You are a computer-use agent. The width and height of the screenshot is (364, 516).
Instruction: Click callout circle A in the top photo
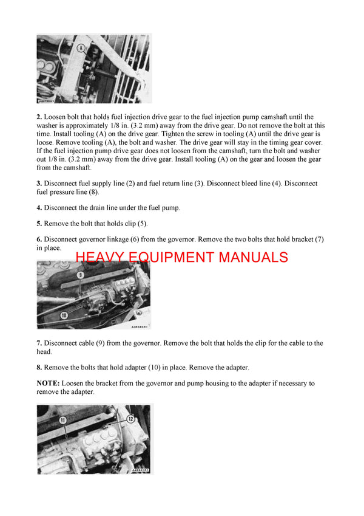coord(79,46)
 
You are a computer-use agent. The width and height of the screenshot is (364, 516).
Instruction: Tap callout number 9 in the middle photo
coord(80,275)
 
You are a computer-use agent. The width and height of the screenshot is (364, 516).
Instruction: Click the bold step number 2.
coord(39,117)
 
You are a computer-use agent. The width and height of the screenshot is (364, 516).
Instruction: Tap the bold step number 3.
coord(39,183)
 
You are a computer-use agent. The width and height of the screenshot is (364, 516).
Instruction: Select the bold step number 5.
coord(39,224)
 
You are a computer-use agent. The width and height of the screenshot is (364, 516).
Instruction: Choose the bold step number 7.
coord(39,343)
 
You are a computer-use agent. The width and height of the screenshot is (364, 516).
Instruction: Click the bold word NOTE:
coord(48,384)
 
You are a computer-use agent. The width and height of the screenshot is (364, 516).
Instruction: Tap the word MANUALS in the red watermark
coord(253,257)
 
